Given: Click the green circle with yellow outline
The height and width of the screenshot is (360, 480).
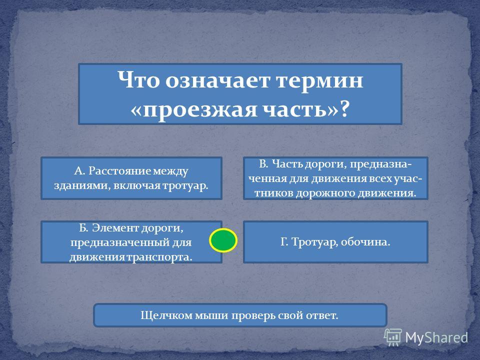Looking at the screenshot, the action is pyautogui.click(x=223, y=240).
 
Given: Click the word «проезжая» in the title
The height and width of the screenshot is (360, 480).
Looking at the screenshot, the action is pyautogui.click(x=199, y=109).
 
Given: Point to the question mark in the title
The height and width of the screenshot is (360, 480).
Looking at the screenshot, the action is pyautogui.click(x=344, y=108).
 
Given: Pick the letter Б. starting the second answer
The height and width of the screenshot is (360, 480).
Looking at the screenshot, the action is pyautogui.click(x=84, y=228).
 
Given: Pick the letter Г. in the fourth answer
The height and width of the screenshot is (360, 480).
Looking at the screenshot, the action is pyautogui.click(x=284, y=242).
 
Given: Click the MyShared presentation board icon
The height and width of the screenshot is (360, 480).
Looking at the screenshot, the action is pyautogui.click(x=393, y=337).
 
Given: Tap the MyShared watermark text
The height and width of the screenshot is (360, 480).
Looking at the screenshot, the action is pyautogui.click(x=436, y=338).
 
